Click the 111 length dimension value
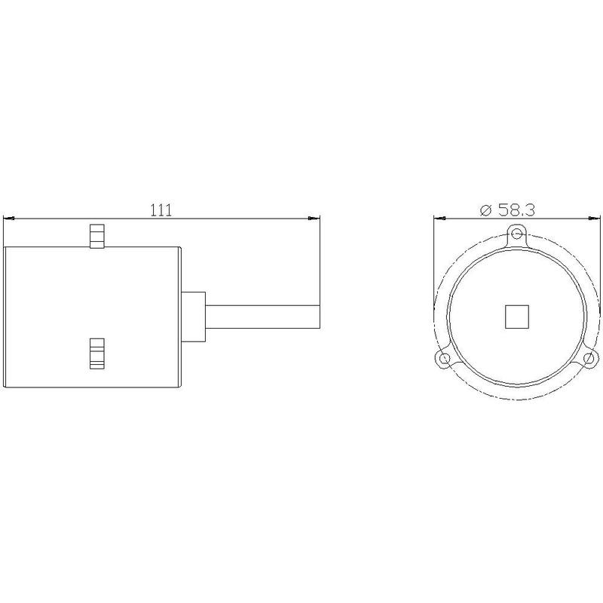(x=161, y=210)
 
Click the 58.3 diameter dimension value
(x=516, y=210)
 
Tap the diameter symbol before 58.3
(x=486, y=210)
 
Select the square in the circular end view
(x=516, y=317)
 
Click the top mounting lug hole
(x=517, y=233)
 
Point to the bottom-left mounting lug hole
(x=444, y=359)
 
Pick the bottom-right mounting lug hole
(x=589, y=359)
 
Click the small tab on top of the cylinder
(x=97, y=236)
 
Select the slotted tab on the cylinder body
(x=97, y=354)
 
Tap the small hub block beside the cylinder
(x=194, y=317)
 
